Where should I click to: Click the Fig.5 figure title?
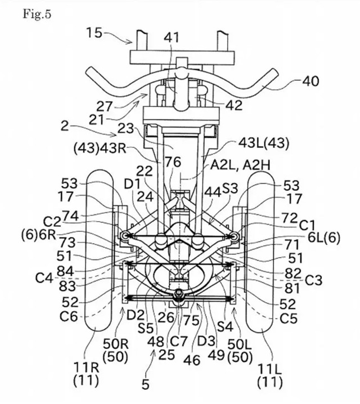37,14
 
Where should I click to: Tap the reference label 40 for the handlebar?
310,81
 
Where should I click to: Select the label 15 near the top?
94,33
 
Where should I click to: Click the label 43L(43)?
263,143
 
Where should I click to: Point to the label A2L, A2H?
240,165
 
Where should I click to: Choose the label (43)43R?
100,149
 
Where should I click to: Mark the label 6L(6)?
323,237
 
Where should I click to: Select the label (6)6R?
39,236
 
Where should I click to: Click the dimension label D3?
206,341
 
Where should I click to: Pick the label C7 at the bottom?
179,342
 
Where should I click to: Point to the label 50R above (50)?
116,343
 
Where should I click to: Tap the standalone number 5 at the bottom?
146,384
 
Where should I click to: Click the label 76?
173,162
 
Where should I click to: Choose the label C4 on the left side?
44,278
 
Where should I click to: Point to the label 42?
234,105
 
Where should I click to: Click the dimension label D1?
132,184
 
